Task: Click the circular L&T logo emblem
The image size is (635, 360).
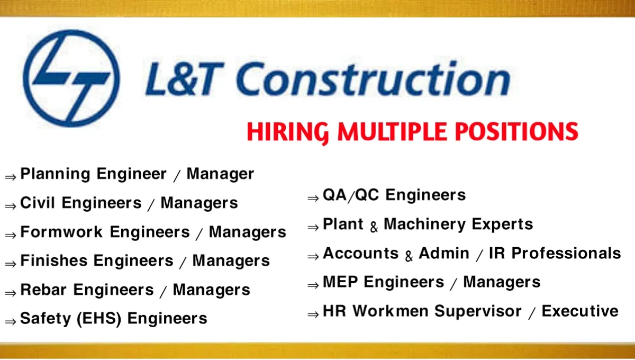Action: pyautogui.click(x=71, y=78)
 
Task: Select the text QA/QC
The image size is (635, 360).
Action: pyautogui.click(x=351, y=195)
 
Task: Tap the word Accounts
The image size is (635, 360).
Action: pyautogui.click(x=360, y=254)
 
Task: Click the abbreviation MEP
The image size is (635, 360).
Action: pyautogui.click(x=340, y=282)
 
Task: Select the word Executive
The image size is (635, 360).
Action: pyautogui.click(x=580, y=311)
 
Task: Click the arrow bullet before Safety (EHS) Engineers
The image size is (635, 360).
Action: pyautogui.click(x=10, y=320)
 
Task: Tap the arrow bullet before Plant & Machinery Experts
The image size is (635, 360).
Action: pyautogui.click(x=313, y=227)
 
